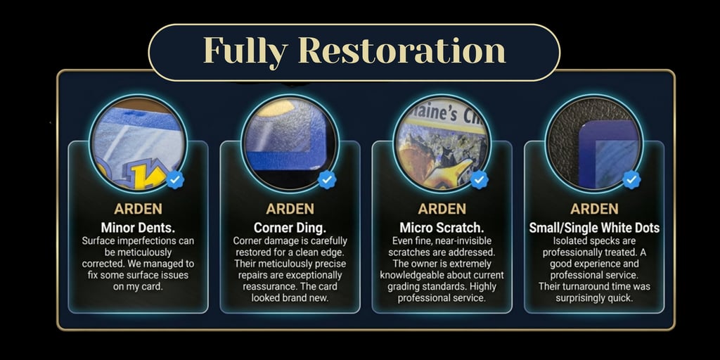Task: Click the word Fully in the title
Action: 245,51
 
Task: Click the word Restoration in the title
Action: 401,51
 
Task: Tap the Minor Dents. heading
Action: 138,228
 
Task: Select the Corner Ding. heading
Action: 290,228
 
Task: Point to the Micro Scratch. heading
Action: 442,228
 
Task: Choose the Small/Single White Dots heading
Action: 594,228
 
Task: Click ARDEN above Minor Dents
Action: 138,209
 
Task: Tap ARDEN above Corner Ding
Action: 290,209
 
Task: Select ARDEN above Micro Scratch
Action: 442,209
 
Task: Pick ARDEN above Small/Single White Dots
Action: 594,209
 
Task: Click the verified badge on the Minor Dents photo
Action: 175,179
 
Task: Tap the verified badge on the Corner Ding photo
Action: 327,179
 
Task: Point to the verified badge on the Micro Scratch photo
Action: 480,179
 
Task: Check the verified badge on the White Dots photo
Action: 632,179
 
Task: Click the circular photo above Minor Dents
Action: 138,143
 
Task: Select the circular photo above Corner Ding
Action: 290,143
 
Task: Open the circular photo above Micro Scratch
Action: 442,143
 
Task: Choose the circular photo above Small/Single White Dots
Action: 594,143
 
